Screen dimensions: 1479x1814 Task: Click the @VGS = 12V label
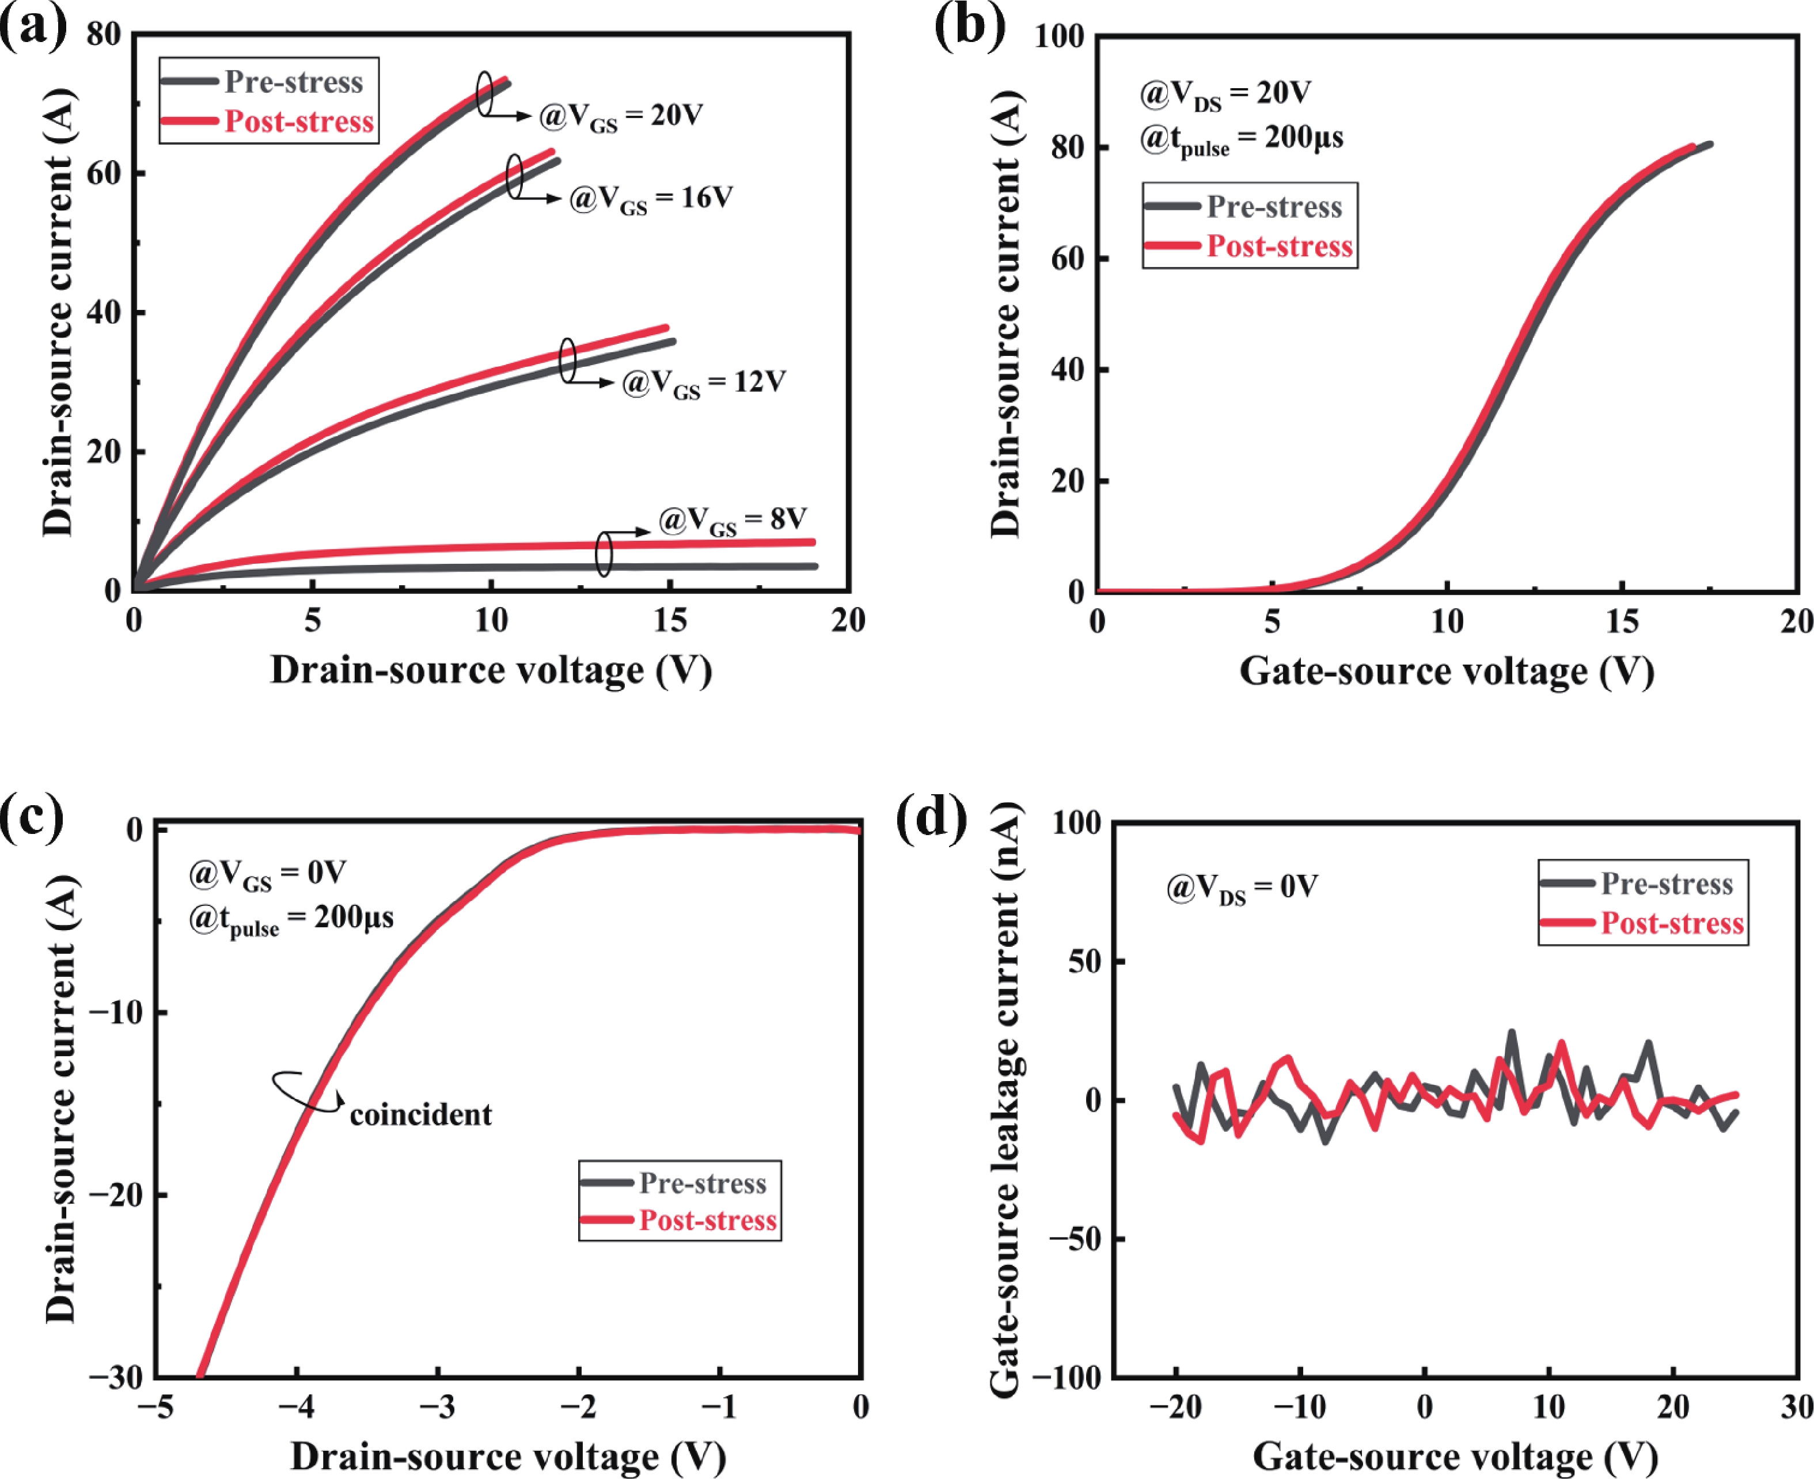[704, 382]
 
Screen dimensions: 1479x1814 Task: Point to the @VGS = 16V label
[651, 199]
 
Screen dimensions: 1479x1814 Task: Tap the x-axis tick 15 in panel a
[670, 620]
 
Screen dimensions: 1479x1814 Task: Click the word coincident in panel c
[421, 1114]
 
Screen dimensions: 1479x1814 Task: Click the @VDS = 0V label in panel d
[1242, 889]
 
